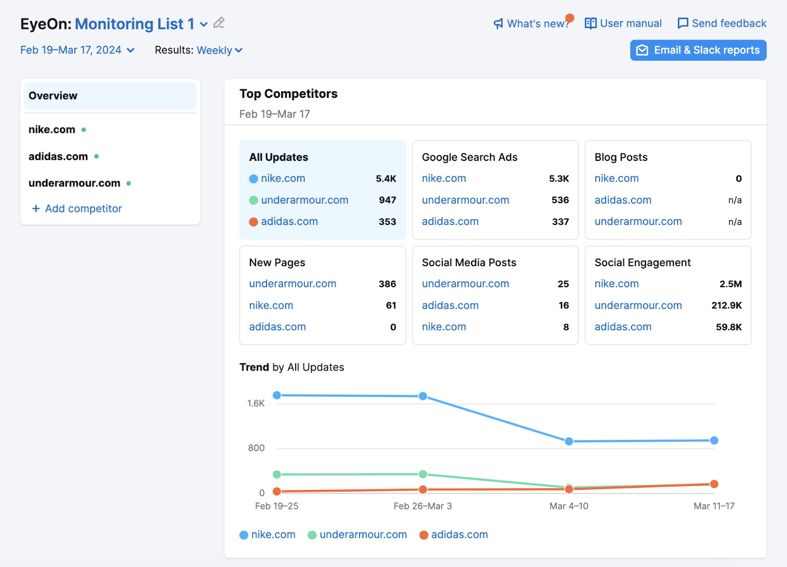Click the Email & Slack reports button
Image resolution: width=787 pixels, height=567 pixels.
pos(698,50)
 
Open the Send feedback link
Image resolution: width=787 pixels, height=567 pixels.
pos(722,23)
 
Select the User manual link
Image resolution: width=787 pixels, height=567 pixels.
pos(623,23)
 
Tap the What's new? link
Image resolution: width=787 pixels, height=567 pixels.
pos(532,24)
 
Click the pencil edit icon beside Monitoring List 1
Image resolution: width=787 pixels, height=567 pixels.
pos(219,23)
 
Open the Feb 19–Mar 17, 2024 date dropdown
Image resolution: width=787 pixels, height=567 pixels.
pos(77,50)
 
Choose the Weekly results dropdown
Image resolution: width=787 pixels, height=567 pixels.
pos(219,50)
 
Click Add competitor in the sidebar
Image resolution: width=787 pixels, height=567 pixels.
pos(77,209)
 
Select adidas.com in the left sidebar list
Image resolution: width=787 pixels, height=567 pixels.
pos(58,156)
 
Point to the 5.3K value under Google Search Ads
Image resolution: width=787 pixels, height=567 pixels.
pos(559,179)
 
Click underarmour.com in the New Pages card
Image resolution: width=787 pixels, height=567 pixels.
pos(293,284)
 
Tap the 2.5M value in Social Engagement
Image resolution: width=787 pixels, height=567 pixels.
pos(730,284)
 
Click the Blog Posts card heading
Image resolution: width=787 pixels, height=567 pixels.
pos(621,157)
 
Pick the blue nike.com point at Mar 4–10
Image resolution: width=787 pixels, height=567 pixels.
pos(569,441)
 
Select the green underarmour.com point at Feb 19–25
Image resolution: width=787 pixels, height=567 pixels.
pos(277,474)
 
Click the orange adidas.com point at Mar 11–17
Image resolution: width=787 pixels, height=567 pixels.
pos(714,484)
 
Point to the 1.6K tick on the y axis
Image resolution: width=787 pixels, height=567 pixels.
pos(256,403)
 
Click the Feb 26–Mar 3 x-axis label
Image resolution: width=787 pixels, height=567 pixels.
pos(423,506)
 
